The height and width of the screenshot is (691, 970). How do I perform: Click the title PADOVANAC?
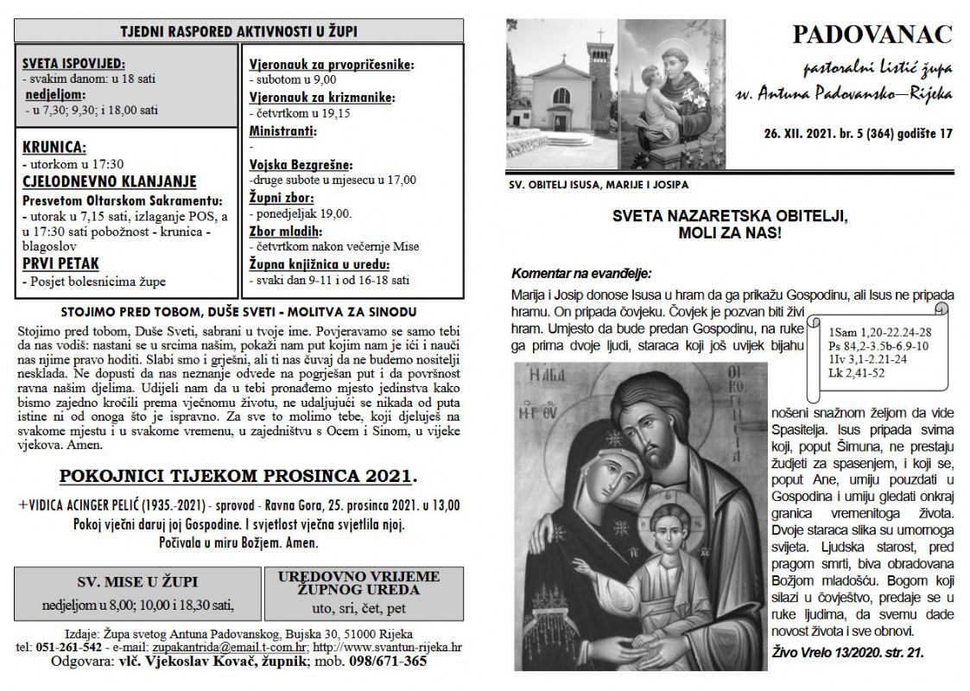tap(872, 35)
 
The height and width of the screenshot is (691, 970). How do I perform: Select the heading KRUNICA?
tap(55, 146)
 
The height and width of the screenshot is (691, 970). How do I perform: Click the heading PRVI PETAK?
tap(60, 263)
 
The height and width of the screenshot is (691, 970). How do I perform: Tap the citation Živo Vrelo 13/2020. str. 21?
tap(847, 653)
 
